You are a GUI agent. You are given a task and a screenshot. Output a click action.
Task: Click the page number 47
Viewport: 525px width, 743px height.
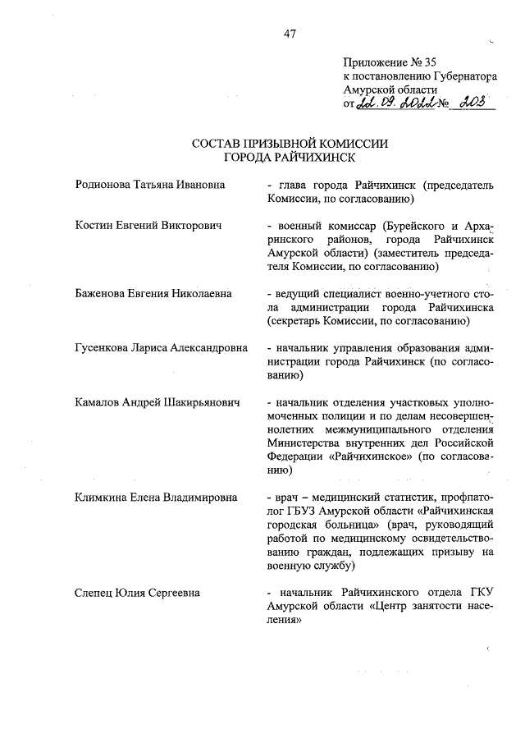point(289,34)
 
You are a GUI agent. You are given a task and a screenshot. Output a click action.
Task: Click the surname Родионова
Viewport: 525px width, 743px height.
point(104,186)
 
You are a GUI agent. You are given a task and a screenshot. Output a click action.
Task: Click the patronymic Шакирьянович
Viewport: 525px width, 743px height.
point(203,402)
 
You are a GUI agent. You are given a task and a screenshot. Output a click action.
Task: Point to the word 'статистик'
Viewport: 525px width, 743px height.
point(404,497)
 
